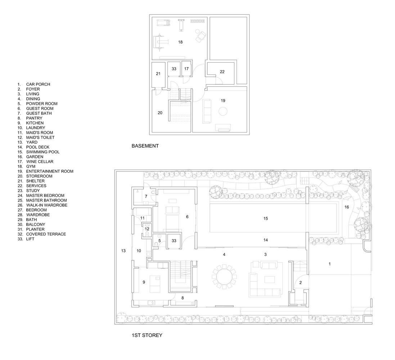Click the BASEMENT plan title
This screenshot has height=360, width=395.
click(145, 146)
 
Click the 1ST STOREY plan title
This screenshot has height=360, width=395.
click(147, 335)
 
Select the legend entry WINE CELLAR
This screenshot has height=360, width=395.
click(40, 162)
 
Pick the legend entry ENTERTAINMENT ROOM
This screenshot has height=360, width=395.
click(50, 171)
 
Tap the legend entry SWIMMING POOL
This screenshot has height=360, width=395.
click(43, 152)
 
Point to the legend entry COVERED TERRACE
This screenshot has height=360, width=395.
click(46, 234)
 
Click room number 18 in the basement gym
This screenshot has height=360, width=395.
click(180, 42)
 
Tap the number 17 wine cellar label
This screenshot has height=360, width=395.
click(187, 69)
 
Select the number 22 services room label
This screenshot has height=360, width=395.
click(222, 72)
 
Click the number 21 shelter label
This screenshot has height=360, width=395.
click(158, 74)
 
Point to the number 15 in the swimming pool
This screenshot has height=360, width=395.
click(266, 219)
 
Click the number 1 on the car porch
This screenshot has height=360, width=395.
click(330, 264)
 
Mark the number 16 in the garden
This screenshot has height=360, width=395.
click(347, 207)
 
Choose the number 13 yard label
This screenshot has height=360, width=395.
click(124, 251)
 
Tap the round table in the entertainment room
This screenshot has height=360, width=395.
click(223, 111)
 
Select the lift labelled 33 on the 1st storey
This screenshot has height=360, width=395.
click(174, 241)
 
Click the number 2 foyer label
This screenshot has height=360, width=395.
click(301, 283)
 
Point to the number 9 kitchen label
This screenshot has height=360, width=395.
click(144, 282)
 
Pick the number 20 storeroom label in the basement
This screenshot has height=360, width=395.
click(160, 113)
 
